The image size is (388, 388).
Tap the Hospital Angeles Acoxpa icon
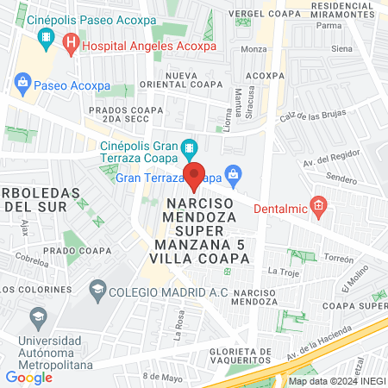tap(72, 41)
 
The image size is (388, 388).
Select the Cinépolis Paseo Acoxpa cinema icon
tap(46, 38)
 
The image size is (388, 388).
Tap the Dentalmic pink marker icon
tap(318, 206)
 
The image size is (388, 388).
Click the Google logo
tap(29, 377)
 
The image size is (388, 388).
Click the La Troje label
tap(283, 272)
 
